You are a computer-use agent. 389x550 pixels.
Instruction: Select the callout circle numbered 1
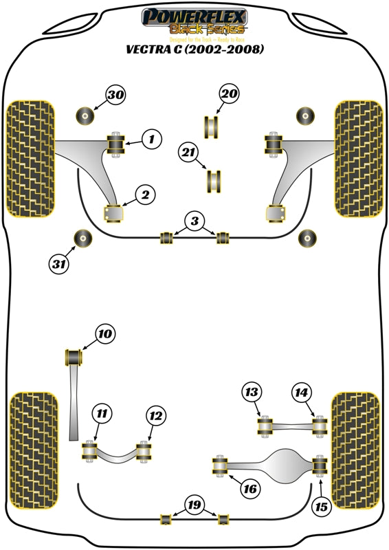tap(152, 140)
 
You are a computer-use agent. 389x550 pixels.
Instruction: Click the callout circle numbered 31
tap(59, 262)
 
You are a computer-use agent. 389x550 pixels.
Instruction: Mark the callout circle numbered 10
tap(104, 335)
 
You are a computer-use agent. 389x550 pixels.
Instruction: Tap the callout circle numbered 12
tap(156, 415)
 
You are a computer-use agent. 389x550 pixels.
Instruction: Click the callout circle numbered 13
tap(252, 393)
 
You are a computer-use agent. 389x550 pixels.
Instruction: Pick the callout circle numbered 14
tap(300, 393)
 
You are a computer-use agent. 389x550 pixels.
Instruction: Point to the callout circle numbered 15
tap(321, 507)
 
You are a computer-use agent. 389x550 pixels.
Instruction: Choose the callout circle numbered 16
tap(249, 489)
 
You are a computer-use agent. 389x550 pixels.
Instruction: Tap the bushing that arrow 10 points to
tap(73, 358)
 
